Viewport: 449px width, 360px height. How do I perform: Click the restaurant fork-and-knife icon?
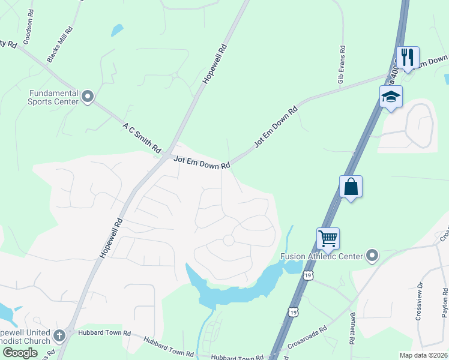pos(408,58)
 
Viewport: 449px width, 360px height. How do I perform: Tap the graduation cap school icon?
pos(390,96)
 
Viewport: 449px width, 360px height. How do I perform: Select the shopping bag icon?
pos(351,187)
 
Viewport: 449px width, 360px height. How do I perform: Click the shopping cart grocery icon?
pos(328,238)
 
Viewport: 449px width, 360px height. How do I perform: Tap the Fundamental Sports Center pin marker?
pos(88,97)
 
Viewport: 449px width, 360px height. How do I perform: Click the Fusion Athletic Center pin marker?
pos(372,256)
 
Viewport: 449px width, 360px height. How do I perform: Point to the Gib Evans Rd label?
pos(341,56)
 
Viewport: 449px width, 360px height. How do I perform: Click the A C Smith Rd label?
pos(142,137)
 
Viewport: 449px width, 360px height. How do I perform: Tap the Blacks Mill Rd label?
pos(60,45)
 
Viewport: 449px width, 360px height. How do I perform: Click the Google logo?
pos(20,353)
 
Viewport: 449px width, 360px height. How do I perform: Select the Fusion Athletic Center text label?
pos(322,256)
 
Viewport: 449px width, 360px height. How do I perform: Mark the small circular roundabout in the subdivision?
pos(228,240)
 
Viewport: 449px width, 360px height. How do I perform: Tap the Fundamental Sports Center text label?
pos(54,97)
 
